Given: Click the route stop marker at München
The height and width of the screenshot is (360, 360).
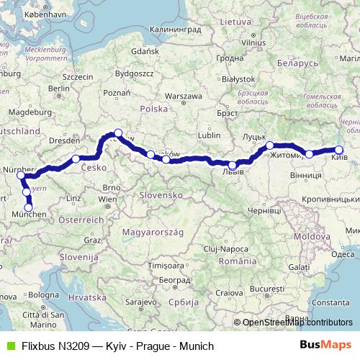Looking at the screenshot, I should (29, 208).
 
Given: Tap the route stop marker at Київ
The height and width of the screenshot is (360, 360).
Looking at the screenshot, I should (338, 150).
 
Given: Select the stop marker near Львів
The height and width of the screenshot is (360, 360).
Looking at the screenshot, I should (232, 166).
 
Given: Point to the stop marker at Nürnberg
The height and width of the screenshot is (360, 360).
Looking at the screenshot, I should (20, 175).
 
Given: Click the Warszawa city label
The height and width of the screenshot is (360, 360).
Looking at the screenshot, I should (184, 96).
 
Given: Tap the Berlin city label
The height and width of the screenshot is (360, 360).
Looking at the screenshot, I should (59, 89).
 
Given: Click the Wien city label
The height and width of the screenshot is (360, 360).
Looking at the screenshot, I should (107, 198).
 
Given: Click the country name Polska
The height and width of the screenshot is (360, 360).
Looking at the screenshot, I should (153, 109).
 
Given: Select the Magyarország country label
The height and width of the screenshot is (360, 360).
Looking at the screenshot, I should (154, 232).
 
